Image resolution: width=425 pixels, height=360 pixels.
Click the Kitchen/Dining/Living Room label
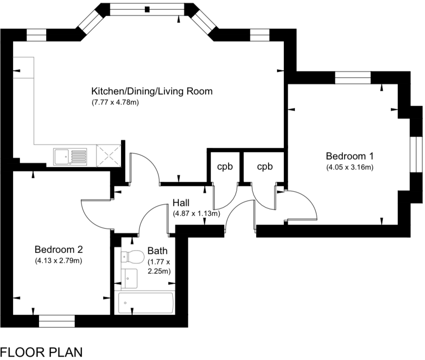pos(152,91)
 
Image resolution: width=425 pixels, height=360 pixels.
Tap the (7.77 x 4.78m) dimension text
pos(115,103)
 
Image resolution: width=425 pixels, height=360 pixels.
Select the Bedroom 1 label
pos(350,156)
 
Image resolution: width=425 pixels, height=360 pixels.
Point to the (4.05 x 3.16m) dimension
pos(350,167)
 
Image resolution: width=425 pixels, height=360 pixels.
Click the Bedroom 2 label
pos(59,249)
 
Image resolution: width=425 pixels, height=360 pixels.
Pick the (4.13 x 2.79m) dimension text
pos(59,261)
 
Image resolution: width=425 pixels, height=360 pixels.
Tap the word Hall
pos(181,203)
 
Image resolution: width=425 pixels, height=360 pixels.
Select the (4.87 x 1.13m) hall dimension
pos(196,214)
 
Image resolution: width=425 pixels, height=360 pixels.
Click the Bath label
pos(158,251)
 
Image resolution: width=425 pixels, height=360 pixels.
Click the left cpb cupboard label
pos(225,167)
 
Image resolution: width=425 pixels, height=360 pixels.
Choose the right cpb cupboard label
pos(265,167)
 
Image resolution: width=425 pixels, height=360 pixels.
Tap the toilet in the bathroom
pos(132,256)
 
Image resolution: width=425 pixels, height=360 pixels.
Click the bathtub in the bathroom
pos(146,303)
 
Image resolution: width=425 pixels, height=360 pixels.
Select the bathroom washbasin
pos(129,278)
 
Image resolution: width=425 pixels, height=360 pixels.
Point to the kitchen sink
pos(70,157)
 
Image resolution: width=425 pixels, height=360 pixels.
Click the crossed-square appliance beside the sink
pos(109,155)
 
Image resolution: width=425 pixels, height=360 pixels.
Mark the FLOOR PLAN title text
pos(42,352)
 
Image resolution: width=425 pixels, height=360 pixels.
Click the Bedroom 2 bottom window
pos(57,321)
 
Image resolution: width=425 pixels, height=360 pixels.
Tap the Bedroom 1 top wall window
pos(353,78)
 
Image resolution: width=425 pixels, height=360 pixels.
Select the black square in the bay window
pos(147,9)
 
